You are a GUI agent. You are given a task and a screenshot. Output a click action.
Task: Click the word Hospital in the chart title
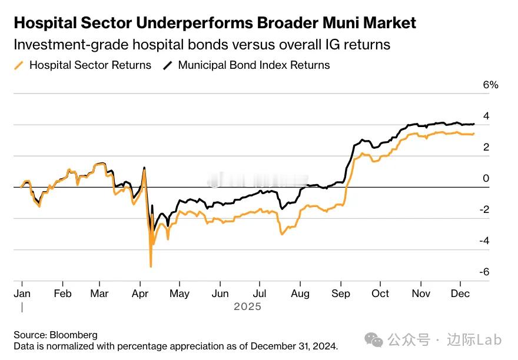pos(45,23)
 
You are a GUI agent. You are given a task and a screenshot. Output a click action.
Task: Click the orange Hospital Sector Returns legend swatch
pos(19,65)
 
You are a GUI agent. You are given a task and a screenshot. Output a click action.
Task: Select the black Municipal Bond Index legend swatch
pos(168,65)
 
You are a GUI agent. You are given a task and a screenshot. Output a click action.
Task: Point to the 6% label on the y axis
pos(490,85)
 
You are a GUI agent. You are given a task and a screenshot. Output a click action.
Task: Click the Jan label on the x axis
pos(22,294)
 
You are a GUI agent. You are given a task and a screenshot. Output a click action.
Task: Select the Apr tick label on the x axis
pos(140,294)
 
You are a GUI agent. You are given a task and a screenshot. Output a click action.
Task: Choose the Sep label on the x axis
pos(341,294)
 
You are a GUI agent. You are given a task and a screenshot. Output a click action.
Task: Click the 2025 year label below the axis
pos(247,306)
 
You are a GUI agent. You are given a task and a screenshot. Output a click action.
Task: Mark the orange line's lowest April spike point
pos(151,266)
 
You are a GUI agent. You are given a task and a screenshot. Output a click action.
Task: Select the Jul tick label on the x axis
pos(259,294)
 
